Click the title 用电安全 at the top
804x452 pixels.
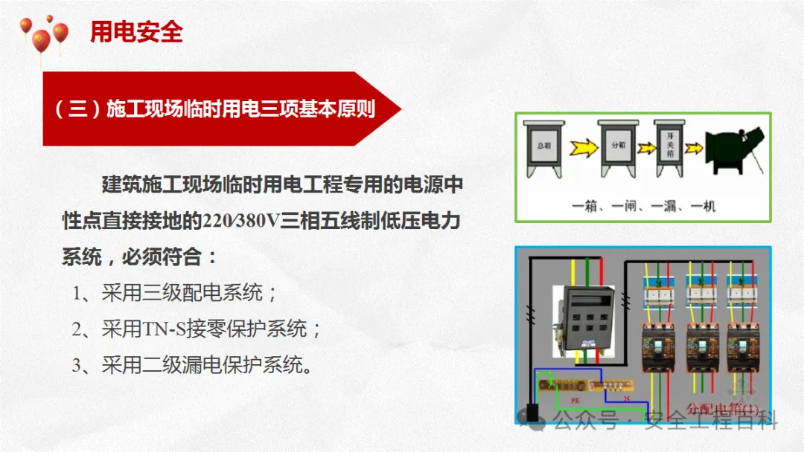[136, 32]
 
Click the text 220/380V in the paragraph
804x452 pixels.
[246, 221]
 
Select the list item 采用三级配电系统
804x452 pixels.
[175, 293]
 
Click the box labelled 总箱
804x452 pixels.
[545, 148]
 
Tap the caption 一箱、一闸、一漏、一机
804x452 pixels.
[644, 206]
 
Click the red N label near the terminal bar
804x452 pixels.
[626, 398]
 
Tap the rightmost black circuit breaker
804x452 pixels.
[745, 352]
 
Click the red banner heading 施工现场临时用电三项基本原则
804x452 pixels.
[214, 109]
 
